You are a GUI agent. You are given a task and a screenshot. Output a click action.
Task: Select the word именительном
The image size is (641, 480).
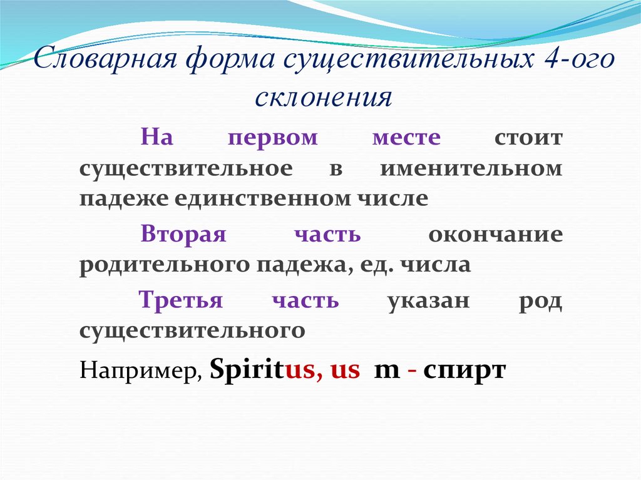point(471,169)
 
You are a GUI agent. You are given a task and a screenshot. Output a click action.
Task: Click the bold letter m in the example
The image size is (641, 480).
point(386,370)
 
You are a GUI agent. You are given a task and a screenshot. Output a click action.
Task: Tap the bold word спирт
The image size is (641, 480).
point(464,370)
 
